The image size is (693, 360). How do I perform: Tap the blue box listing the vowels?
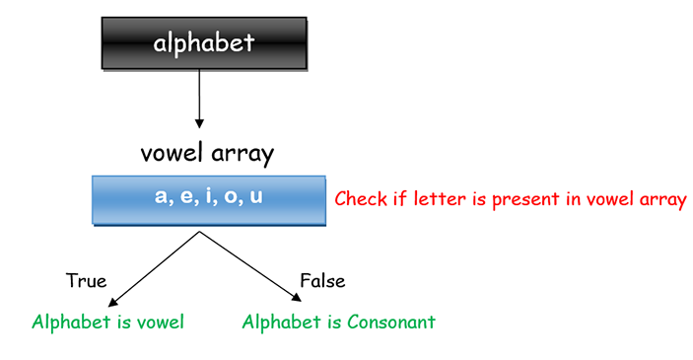point(208,200)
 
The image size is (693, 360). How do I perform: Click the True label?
point(86,281)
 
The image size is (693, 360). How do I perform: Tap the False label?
point(322,281)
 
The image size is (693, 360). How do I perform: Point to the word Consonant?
point(388,323)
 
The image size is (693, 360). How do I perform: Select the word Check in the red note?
point(361,199)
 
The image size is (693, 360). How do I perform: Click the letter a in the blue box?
point(162,197)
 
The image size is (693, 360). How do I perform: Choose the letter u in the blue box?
point(256,197)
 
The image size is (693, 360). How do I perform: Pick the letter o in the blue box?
point(232,197)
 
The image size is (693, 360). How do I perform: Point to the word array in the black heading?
point(241,155)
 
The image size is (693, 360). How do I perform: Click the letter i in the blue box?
point(209,196)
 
